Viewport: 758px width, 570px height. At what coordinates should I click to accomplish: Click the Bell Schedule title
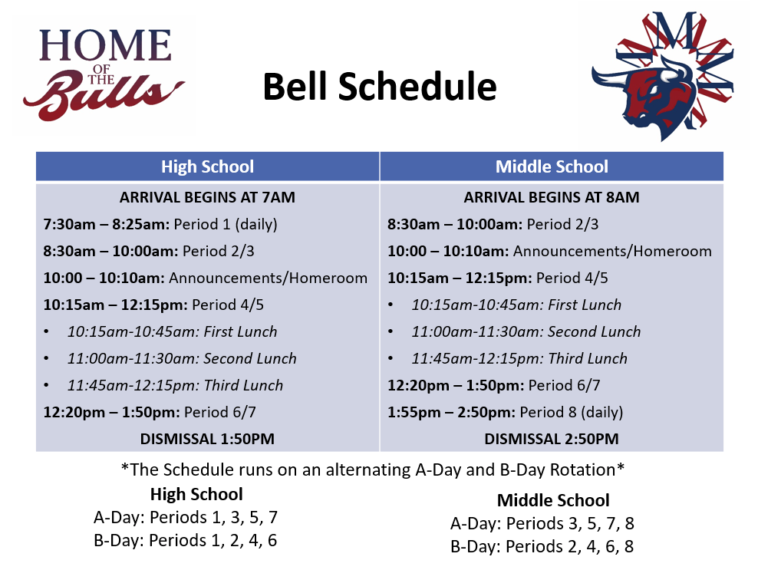379,87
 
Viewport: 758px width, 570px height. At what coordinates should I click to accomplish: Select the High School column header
207,166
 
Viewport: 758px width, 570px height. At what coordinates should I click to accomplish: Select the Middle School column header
552,166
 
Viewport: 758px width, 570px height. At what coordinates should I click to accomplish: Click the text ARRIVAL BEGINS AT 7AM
207,197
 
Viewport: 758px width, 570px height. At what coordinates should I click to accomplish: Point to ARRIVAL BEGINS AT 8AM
552,197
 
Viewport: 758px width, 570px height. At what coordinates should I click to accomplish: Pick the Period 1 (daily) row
160,224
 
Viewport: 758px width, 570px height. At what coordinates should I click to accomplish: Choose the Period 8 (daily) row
505,412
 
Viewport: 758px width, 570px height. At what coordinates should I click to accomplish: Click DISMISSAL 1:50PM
207,439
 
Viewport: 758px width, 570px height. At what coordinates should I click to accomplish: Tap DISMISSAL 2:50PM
552,439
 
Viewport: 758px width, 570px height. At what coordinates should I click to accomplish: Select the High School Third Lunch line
175,385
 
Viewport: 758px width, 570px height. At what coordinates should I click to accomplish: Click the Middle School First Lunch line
516,305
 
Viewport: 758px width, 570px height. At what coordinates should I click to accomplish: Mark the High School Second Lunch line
181,358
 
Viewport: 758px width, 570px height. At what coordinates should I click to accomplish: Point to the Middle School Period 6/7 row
494,385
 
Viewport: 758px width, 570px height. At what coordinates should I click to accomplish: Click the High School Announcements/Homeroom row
205,278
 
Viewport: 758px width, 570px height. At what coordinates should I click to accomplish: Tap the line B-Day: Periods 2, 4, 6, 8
542,547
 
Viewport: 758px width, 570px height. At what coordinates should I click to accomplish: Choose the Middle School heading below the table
552,501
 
